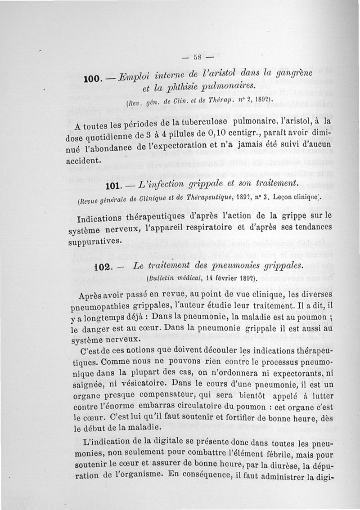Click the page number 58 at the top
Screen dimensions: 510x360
[197, 58]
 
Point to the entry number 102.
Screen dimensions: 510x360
[102, 267]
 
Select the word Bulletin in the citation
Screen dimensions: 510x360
[162, 278]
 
